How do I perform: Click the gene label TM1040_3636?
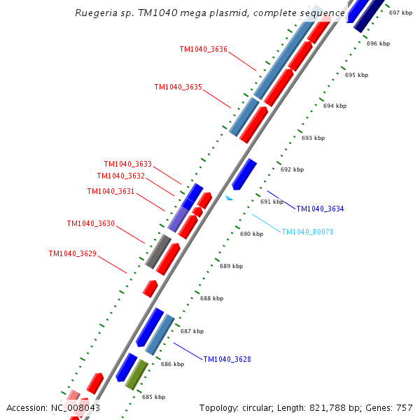click(203, 49)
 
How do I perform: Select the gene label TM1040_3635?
click(178, 87)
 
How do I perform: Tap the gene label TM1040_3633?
click(127, 164)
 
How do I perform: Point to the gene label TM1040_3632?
click(120, 176)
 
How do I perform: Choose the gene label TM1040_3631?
click(111, 191)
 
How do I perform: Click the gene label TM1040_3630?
click(90, 223)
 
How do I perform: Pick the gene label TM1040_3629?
click(72, 253)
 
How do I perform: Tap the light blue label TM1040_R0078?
click(307, 232)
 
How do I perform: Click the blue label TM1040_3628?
click(227, 359)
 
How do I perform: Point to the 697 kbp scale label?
click(400, 13)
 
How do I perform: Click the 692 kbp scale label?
click(292, 169)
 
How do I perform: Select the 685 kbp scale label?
click(153, 397)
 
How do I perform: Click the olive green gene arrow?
click(136, 374)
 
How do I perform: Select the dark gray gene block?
click(158, 251)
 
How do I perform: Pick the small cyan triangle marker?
click(228, 198)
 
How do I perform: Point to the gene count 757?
click(405, 407)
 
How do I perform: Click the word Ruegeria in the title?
click(95, 13)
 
